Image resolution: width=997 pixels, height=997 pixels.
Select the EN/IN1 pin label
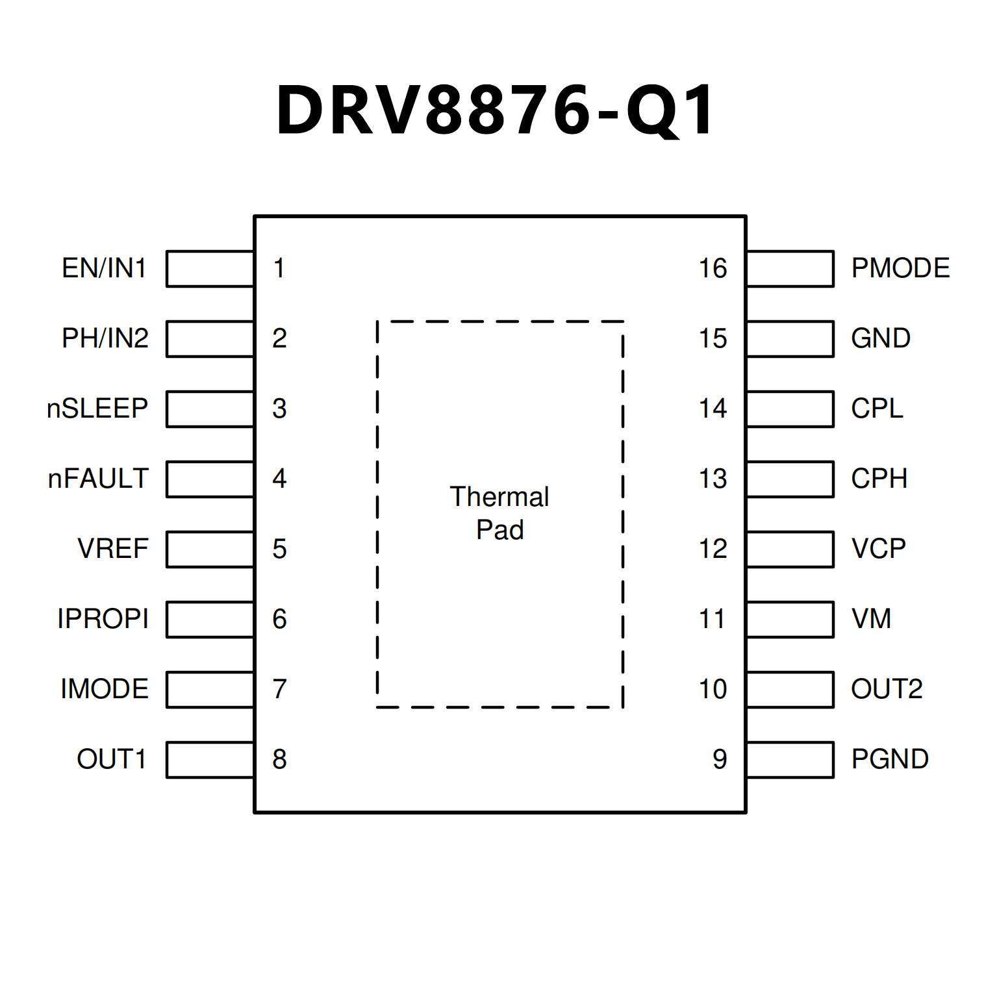pos(104,268)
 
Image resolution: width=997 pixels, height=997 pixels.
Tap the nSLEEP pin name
pos(97,409)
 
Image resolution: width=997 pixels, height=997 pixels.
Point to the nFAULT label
pos(98,479)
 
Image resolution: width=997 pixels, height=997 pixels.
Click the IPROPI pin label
pos(103,619)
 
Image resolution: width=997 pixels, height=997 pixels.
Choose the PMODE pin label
pos(900,268)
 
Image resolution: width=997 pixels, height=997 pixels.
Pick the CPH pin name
pos(879,479)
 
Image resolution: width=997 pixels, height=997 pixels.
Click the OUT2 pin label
pos(887,689)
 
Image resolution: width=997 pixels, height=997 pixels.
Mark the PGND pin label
pos(890,759)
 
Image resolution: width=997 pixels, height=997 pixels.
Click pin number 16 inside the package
pos(713,268)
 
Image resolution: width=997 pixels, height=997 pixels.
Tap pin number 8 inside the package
pos(279,759)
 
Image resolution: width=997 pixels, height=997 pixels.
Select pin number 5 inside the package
pos(279,549)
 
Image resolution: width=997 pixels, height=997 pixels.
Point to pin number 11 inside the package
pos(713,619)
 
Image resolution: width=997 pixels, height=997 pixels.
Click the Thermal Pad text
pos(499,513)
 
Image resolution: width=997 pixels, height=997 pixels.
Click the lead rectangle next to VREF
pos(210,549)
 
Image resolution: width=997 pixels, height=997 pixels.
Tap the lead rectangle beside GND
pos(790,339)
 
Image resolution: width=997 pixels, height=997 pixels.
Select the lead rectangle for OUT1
pos(210,760)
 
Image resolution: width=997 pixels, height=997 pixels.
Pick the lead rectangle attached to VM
pos(790,620)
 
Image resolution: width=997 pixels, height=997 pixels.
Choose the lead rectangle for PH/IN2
pos(210,339)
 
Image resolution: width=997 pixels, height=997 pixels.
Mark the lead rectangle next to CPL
pos(790,409)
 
